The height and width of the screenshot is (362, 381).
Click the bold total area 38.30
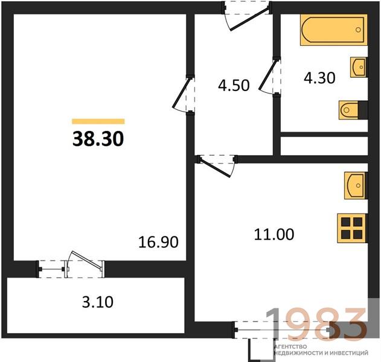[98, 139]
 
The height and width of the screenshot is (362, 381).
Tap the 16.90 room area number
[158, 242]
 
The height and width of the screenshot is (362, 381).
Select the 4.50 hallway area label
[234, 86]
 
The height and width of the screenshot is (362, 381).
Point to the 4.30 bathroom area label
[319, 78]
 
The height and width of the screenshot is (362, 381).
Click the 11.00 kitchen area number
[274, 234]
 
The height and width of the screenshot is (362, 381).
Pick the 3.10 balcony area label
[97, 302]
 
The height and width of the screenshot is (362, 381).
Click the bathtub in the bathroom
[334, 30]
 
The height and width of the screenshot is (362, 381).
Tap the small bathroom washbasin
[359, 67]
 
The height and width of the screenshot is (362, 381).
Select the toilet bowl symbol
[349, 110]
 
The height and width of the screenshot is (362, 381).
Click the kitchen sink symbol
[355, 186]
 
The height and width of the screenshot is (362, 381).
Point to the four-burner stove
[351, 228]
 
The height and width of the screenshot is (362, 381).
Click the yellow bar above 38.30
[98, 121]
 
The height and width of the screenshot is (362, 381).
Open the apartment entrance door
[249, 19]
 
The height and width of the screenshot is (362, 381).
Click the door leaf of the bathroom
[268, 75]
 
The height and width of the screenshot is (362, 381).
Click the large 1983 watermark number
[316, 323]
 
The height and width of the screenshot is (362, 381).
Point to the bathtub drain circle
[358, 30]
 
